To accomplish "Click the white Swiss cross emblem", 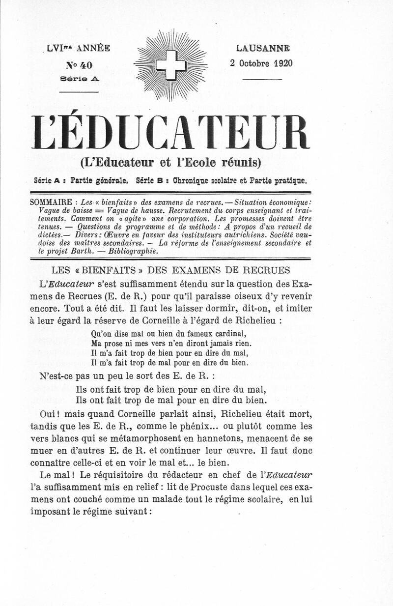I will (x=171, y=65).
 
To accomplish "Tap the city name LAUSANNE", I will (x=262, y=48).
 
